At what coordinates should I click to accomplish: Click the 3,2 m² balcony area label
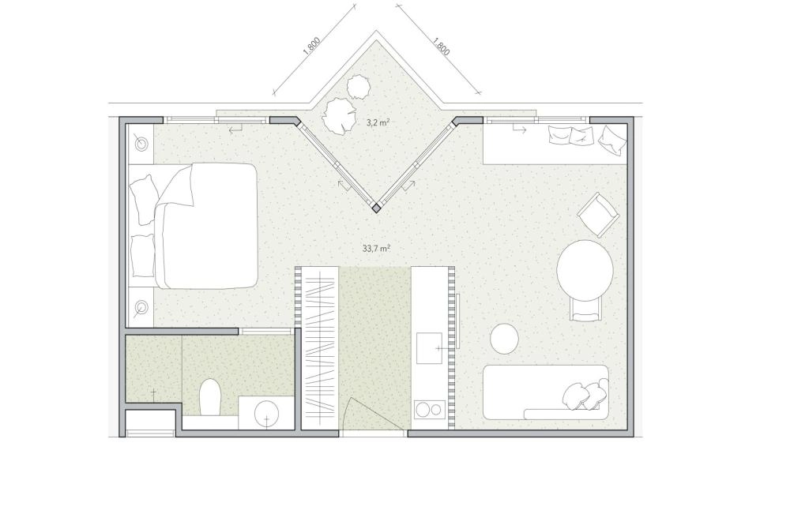coord(378,122)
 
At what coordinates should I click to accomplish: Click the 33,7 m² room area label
coord(375,248)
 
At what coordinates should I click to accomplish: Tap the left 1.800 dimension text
coord(311,46)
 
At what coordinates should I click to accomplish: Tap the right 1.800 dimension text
coord(441,46)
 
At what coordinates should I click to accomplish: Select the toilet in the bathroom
coord(210,397)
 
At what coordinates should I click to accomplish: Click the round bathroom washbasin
coord(267,412)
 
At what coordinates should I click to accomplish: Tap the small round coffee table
coord(504,339)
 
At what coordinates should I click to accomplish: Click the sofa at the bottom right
coord(546,392)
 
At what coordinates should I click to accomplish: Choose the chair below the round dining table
coord(585,308)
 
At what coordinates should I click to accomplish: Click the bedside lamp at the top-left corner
coord(141,142)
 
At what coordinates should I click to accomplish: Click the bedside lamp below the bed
coord(141,308)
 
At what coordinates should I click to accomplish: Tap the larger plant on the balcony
coord(338,116)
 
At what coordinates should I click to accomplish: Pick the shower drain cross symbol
coord(153,393)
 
